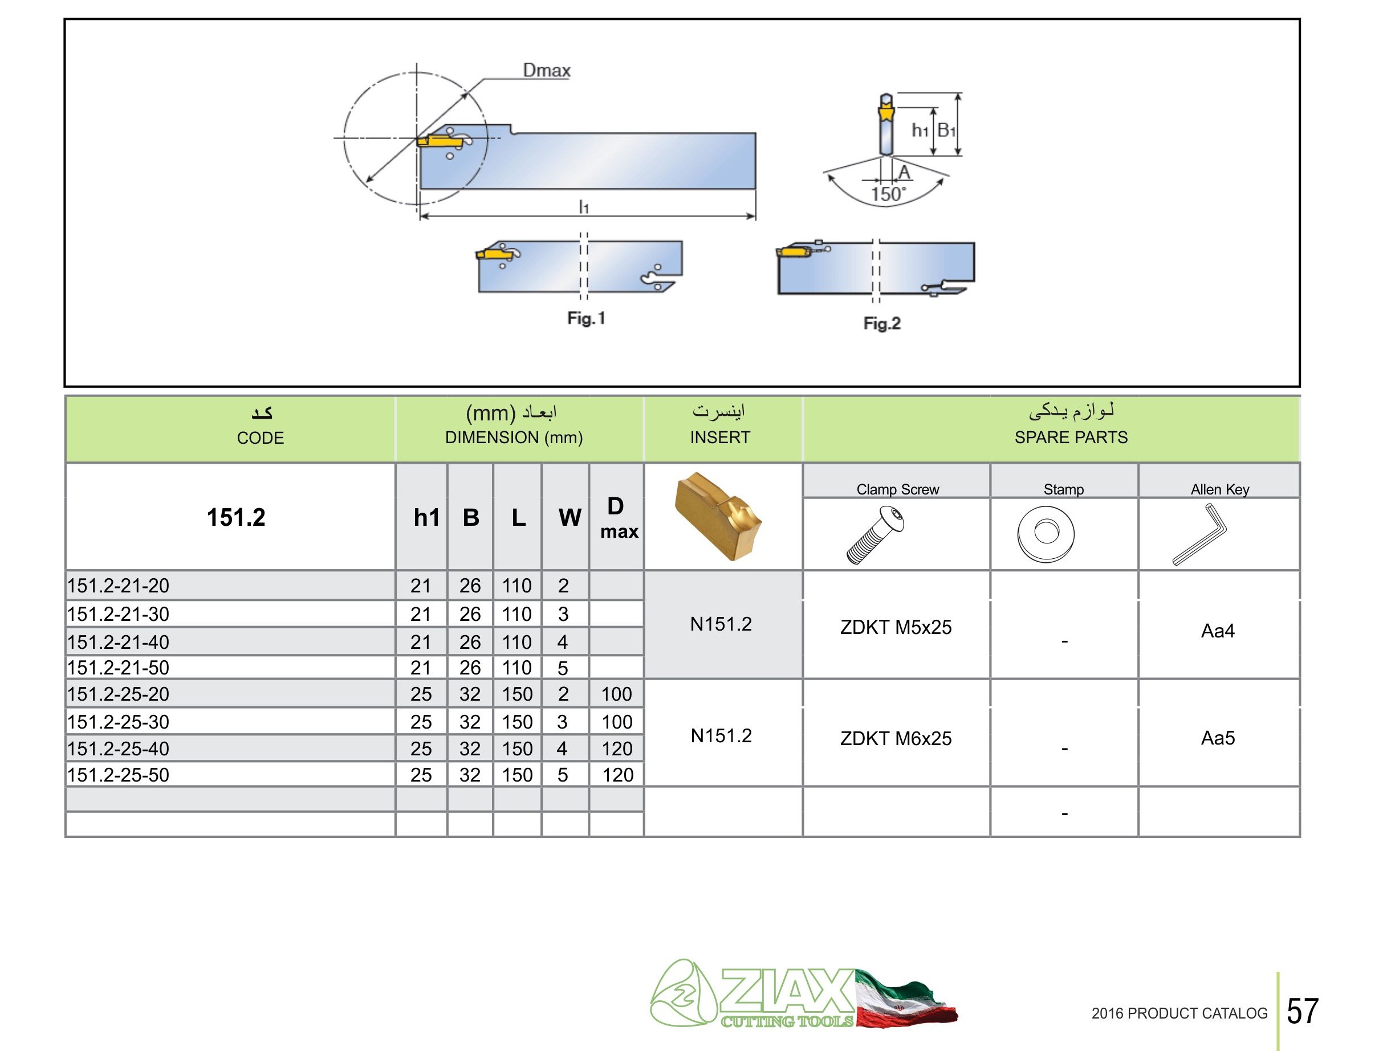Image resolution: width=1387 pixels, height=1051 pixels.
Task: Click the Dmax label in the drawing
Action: point(547,70)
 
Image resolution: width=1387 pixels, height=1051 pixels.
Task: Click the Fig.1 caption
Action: point(586,318)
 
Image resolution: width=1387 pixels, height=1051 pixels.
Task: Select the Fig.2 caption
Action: point(881,324)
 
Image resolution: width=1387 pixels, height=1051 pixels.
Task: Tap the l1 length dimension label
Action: point(584,206)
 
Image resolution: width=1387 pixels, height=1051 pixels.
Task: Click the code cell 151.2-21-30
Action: point(119,614)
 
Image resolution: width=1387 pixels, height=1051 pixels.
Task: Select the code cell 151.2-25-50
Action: point(119,775)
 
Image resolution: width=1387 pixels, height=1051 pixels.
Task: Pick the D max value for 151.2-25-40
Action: point(617,749)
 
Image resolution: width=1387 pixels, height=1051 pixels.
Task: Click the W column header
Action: point(570,518)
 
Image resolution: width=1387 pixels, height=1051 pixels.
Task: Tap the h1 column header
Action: point(426,518)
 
